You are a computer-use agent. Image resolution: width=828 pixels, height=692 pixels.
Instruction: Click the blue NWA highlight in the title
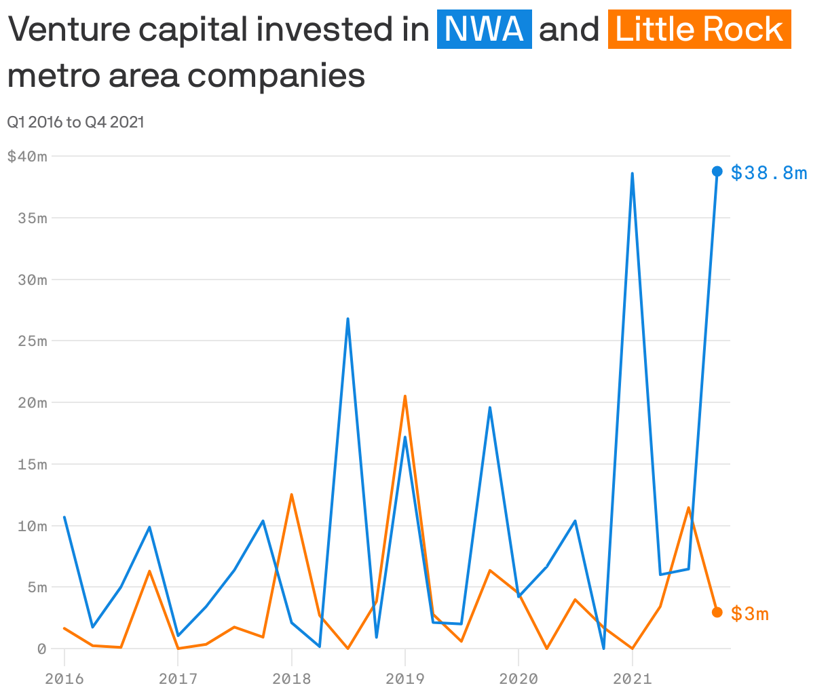tap(485, 30)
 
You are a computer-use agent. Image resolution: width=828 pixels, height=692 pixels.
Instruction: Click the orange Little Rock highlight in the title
tap(699, 30)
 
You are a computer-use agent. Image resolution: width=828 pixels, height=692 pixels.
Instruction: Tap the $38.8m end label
tap(769, 173)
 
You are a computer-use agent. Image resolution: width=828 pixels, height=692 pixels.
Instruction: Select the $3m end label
tap(750, 614)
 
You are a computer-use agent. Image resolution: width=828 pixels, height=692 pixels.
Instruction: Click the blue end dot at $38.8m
tap(717, 171)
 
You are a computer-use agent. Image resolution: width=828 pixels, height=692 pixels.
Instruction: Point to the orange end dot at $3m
tap(717, 612)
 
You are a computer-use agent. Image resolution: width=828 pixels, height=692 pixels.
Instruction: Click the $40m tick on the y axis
tap(27, 157)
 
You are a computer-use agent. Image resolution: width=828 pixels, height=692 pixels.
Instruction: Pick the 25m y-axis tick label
tap(33, 341)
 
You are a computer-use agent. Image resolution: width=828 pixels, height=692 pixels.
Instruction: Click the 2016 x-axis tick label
tap(64, 679)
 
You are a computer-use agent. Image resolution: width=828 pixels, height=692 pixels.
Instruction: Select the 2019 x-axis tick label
tap(405, 679)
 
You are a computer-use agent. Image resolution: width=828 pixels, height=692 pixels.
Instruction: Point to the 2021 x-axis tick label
tap(632, 679)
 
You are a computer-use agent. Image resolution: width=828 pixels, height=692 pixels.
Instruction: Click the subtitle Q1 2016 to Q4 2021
tap(75, 123)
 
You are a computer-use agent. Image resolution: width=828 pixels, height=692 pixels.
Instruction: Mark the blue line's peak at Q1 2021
tap(632, 174)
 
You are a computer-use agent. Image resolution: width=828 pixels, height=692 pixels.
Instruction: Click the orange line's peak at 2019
tap(405, 396)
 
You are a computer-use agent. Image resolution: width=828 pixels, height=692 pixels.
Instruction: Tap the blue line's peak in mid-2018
tap(347, 319)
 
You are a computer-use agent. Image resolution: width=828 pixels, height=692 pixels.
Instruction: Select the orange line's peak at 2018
tap(291, 495)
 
